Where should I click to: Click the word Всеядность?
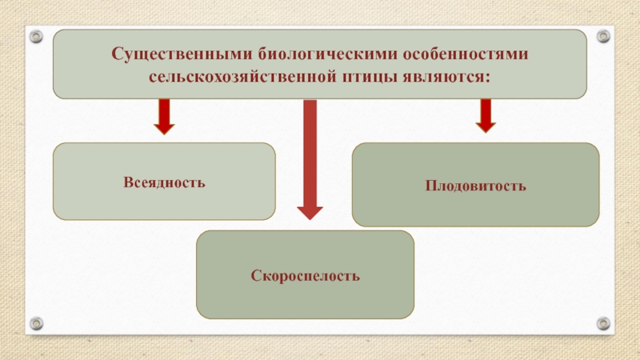(x=164, y=182)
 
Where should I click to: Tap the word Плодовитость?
(x=475, y=186)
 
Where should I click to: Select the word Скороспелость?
(x=306, y=276)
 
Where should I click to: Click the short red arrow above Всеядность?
(x=164, y=116)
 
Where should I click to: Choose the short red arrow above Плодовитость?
(x=485, y=114)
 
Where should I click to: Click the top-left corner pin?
(x=36, y=36)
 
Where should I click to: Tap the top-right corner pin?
(x=603, y=36)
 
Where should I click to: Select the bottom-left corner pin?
(x=36, y=323)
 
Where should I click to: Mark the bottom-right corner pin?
(x=603, y=323)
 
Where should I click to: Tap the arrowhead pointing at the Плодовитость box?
(x=485, y=126)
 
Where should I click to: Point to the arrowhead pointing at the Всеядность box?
(x=164, y=128)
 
